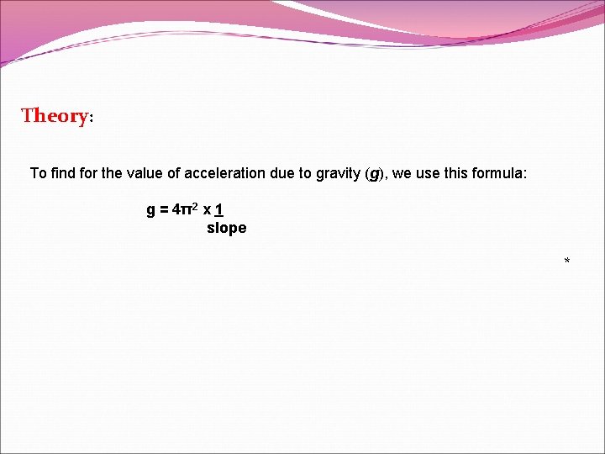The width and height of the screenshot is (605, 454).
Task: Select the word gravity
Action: click(x=336, y=173)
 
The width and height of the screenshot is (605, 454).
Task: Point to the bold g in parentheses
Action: click(x=375, y=174)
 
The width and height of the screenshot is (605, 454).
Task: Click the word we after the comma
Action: click(x=402, y=173)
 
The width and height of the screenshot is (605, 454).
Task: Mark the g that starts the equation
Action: click(x=151, y=210)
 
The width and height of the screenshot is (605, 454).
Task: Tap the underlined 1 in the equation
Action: click(x=218, y=209)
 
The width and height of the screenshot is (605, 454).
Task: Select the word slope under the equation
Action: click(x=226, y=228)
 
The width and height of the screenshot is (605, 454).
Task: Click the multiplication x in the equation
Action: click(x=206, y=210)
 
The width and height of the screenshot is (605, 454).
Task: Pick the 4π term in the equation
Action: click(x=181, y=209)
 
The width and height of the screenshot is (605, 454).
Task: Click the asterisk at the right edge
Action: click(x=567, y=262)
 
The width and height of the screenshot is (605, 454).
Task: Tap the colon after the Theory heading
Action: click(x=91, y=119)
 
